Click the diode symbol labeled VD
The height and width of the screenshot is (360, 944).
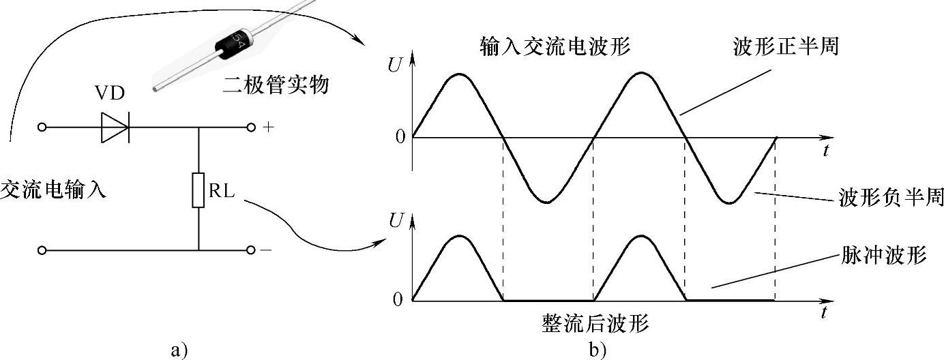point(116,127)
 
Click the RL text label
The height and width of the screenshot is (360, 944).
point(221,191)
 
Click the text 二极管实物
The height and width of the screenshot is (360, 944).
point(276,86)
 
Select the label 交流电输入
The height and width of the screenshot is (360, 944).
point(53,190)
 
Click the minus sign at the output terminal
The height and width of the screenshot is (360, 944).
point(266,251)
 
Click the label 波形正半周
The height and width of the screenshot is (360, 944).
point(785,48)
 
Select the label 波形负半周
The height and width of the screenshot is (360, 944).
point(890,198)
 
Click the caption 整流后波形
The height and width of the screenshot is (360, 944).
point(595,322)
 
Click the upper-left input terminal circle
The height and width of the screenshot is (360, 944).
point(42,127)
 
